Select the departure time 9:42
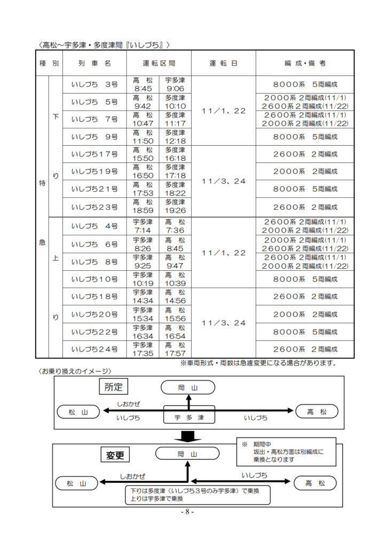pyautogui.click(x=143, y=106)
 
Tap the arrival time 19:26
pyautogui.click(x=175, y=211)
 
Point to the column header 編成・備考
pyautogui.click(x=305, y=63)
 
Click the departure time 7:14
pyautogui.click(x=143, y=230)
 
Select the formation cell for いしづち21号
pyautogui.click(x=305, y=189)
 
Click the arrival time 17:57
pyautogui.click(x=175, y=353)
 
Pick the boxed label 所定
pyautogui.click(x=113, y=387)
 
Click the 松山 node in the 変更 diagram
pyautogui.click(x=76, y=483)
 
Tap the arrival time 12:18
pyautogui.click(x=175, y=141)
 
